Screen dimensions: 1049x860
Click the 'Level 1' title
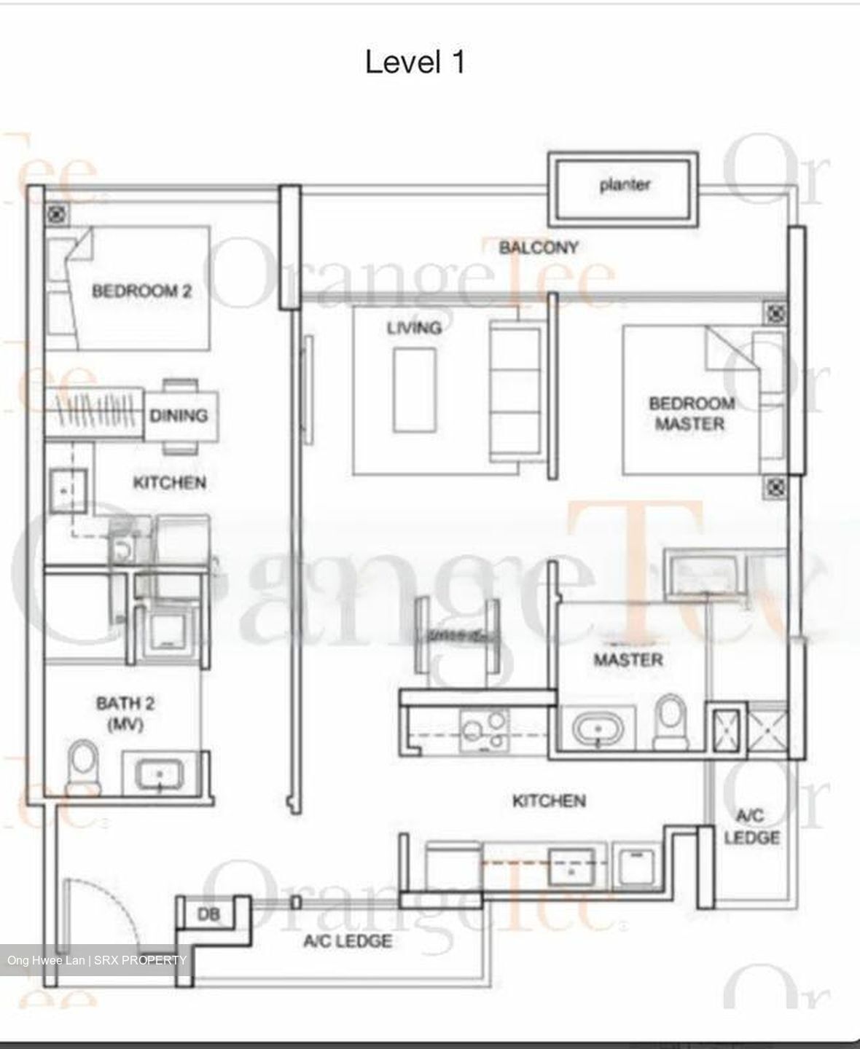click(x=415, y=63)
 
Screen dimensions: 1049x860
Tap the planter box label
click(x=625, y=185)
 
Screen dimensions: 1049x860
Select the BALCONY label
click(x=539, y=248)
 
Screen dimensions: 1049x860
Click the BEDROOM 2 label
click(x=141, y=291)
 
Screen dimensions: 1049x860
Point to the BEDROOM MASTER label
click(x=691, y=414)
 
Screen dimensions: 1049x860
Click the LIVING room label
click(x=414, y=328)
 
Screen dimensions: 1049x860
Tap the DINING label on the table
click(x=179, y=416)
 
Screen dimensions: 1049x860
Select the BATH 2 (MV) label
click(x=125, y=714)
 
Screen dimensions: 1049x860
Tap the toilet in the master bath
click(x=671, y=721)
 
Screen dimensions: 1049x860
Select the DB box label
click(x=209, y=914)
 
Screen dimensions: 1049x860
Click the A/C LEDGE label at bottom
click(x=348, y=941)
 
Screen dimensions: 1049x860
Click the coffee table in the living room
click(x=415, y=390)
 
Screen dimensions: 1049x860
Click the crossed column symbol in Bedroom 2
click(x=56, y=213)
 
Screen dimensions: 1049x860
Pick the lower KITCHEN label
click(x=549, y=801)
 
